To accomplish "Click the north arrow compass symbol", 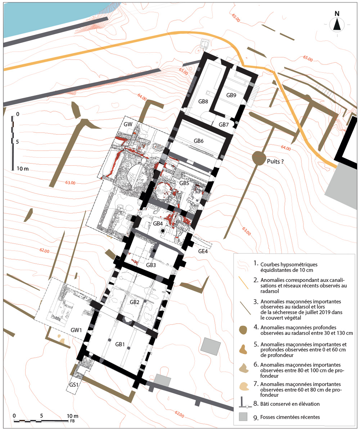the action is [337, 24].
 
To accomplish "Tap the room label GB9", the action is [231, 95].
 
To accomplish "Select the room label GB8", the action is [203, 102].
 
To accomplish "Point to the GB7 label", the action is [224, 125].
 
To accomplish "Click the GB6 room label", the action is [198, 141].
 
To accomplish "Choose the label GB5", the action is [184, 183].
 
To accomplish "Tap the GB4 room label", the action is [158, 224].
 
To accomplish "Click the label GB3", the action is [151, 265].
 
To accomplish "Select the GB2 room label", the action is [134, 302].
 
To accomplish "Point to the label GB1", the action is [120, 344].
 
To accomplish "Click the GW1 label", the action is [76, 330].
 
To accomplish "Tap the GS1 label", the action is [74, 385].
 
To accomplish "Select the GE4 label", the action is [203, 251].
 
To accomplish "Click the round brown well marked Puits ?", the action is [258, 158].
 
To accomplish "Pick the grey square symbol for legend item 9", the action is [243, 417].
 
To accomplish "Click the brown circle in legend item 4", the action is [243, 330].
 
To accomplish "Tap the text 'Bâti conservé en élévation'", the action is [290, 404].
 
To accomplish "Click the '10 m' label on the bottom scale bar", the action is [73, 416].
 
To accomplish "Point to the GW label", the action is [128, 124].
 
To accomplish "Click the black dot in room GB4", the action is [163, 231].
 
